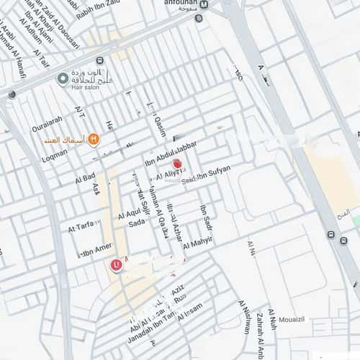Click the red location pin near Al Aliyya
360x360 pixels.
[177, 164]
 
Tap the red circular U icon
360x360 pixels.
[115, 265]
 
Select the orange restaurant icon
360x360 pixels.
[93, 140]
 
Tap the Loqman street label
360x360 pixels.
[54, 152]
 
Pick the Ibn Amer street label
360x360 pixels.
[95, 250]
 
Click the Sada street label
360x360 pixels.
[137, 223]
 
